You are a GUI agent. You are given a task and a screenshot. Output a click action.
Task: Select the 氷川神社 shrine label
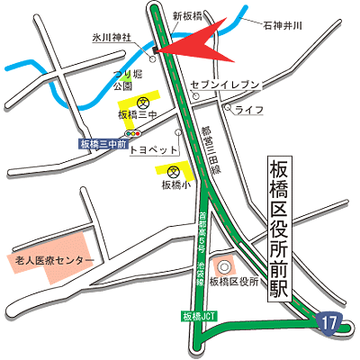coord(111,39)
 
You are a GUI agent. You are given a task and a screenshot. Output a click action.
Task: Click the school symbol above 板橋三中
coord(141,101)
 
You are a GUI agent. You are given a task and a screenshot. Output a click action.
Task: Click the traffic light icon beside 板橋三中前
coord(135,133)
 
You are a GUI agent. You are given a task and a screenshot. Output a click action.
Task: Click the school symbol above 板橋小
coord(175,170)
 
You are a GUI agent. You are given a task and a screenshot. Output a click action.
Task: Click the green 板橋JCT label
coord(199,317)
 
